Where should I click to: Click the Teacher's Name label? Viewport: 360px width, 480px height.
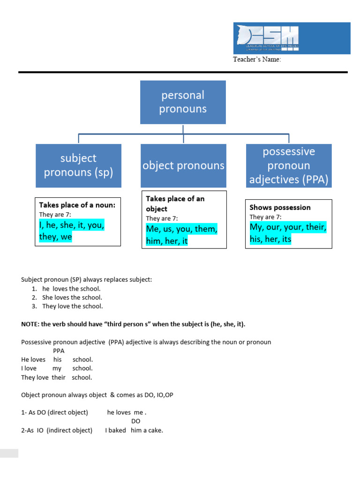(257, 60)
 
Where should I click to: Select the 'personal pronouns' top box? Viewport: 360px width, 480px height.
(183, 102)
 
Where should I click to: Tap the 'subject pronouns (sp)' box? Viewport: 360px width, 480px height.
(78, 165)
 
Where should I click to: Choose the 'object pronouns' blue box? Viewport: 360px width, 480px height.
(183, 165)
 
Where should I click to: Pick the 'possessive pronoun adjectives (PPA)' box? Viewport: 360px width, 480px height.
(289, 165)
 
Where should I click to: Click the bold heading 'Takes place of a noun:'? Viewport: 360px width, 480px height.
(77, 205)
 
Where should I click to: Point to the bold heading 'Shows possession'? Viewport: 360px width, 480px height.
(280, 207)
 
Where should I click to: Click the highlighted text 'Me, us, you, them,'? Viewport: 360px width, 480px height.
(182, 229)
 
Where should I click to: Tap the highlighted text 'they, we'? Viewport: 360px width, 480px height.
(56, 237)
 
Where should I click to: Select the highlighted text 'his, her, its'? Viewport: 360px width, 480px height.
(270, 239)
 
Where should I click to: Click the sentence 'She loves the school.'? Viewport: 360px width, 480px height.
(72, 297)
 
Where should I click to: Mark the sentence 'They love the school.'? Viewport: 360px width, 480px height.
(73, 306)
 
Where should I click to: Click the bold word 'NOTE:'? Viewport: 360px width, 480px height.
(31, 324)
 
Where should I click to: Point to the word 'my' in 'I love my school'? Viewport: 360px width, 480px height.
(57, 368)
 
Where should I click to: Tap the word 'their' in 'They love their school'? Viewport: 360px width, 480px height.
(59, 377)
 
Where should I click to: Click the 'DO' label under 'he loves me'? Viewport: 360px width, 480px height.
(135, 421)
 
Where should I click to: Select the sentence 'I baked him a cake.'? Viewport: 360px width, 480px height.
(134, 430)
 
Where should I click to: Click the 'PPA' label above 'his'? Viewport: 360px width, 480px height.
(59, 351)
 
